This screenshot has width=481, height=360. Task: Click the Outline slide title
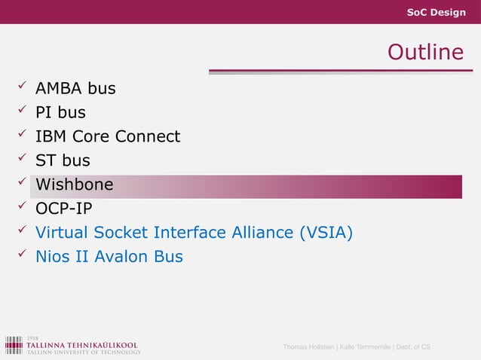[424, 52]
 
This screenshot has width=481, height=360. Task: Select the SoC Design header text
[436, 13]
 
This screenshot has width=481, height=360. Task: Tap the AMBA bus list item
[75, 89]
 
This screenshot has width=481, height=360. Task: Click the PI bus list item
[60, 113]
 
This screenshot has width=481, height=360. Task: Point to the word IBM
[51, 137]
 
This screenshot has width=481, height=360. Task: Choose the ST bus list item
[63, 160]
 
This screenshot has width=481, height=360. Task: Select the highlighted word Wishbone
[75, 185]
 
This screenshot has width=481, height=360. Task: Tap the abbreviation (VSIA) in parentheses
[326, 233]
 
